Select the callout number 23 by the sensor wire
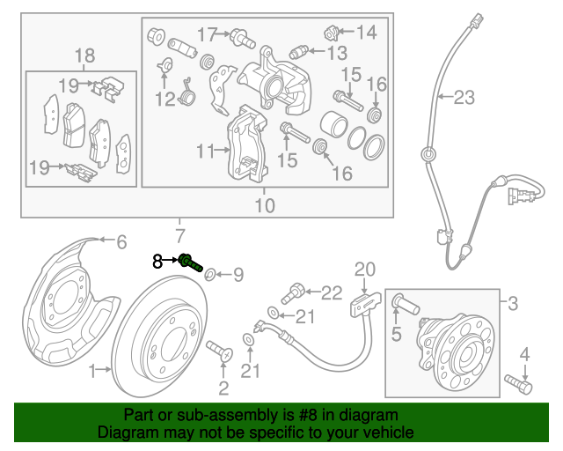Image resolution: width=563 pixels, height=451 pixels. click(x=464, y=99)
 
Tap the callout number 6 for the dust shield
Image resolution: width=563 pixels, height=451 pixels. click(x=121, y=240)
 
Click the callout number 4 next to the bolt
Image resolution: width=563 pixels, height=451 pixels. click(x=525, y=354)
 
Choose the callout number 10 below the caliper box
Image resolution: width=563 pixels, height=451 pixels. click(x=264, y=205)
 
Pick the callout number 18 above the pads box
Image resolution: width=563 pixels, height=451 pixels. click(x=84, y=57)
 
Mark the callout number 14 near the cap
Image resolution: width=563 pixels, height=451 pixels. click(x=366, y=33)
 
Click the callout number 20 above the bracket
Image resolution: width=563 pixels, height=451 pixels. click(x=364, y=270)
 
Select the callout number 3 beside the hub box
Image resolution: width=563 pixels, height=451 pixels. click(x=513, y=305)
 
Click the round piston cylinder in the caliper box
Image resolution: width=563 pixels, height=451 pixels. click(x=333, y=126)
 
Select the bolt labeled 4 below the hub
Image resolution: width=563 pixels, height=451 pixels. click(x=519, y=384)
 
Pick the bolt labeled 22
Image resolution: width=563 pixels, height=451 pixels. click(x=296, y=290)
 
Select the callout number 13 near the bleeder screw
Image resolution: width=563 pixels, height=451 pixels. click(x=337, y=53)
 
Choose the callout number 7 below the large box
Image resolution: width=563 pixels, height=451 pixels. click(x=180, y=235)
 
